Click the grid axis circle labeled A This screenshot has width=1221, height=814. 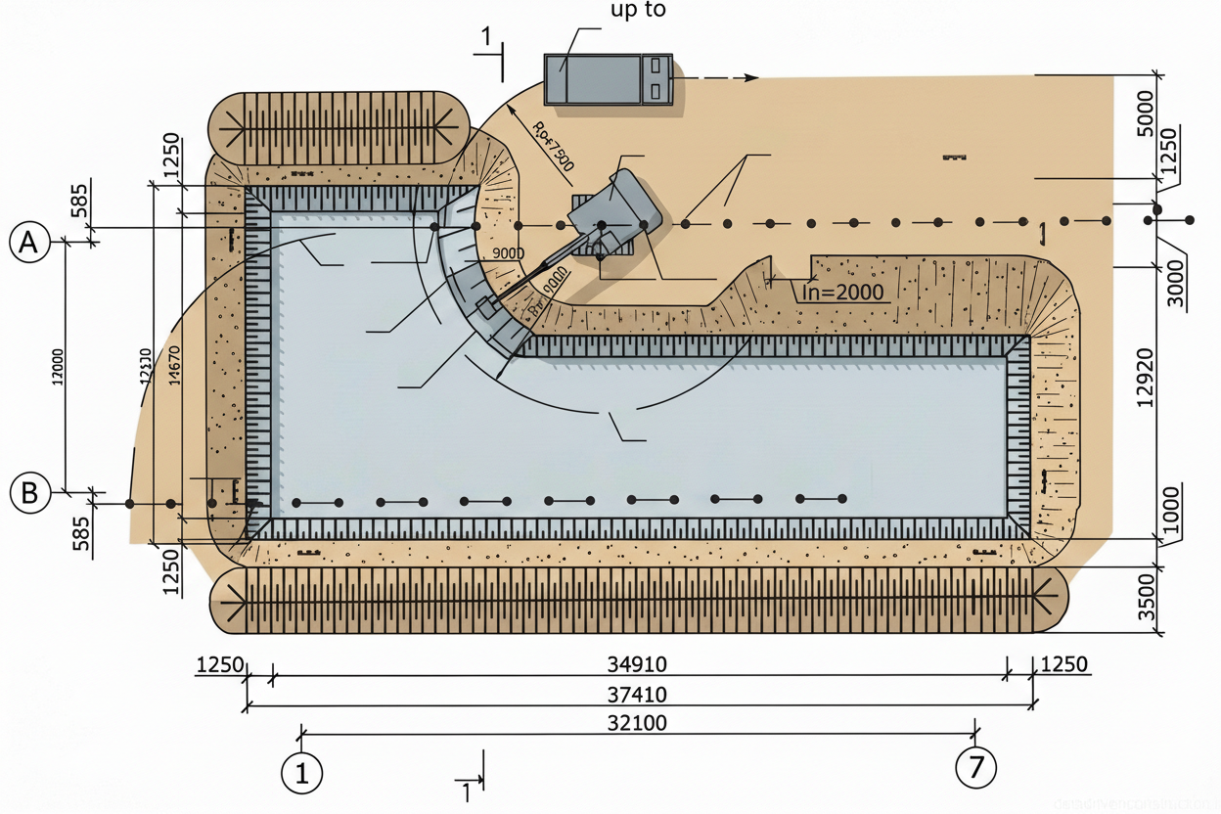click(x=29, y=242)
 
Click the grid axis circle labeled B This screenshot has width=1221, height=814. click(x=29, y=492)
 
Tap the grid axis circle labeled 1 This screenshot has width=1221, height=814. click(x=301, y=773)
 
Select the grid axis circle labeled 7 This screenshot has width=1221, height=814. click(x=975, y=766)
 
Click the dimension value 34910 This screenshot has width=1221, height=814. click(x=637, y=664)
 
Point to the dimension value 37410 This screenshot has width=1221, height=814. click(x=637, y=696)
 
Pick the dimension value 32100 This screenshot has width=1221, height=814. click(x=637, y=724)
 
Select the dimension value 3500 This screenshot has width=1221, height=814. click(x=1148, y=601)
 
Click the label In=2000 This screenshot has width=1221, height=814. click(x=842, y=292)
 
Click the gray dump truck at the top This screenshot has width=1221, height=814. click(x=609, y=79)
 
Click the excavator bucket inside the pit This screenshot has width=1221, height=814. click(x=486, y=306)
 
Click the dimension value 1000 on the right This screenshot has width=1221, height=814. click(x=1172, y=507)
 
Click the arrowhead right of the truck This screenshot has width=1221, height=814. click(x=750, y=77)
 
